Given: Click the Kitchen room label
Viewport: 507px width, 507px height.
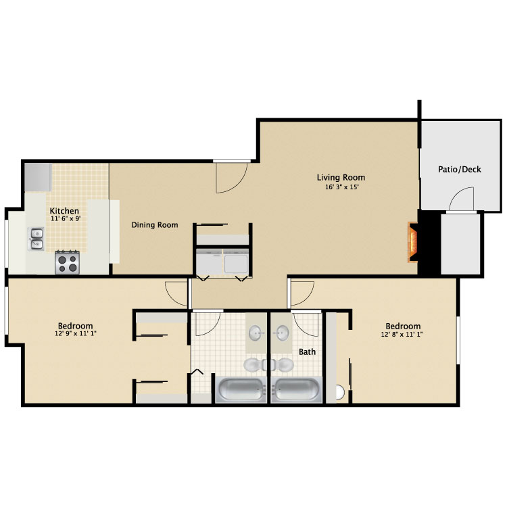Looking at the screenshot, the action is (x=64, y=211).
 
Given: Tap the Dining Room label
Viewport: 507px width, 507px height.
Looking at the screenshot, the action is (x=155, y=224).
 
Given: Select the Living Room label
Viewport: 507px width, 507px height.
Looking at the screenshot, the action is (x=341, y=178).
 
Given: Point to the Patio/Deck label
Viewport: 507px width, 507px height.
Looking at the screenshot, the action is (x=460, y=169).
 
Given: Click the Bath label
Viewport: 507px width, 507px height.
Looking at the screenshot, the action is (x=307, y=352).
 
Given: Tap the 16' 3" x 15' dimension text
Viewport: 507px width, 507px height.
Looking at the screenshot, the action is (x=342, y=187).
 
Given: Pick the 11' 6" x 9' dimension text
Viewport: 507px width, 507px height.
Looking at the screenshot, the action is (x=66, y=218).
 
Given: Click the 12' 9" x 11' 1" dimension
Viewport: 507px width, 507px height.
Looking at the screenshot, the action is (x=76, y=333).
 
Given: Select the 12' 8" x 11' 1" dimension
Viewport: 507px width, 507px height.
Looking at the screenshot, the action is (x=402, y=335).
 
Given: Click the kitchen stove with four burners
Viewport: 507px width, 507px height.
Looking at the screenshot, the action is (x=67, y=262).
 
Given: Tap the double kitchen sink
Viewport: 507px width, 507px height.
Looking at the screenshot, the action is (x=37, y=239).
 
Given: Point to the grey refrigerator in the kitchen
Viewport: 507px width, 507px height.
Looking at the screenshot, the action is (x=38, y=177).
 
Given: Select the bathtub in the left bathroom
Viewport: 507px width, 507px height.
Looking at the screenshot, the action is (x=241, y=390).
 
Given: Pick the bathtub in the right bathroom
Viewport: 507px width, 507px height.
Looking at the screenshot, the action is (x=297, y=390).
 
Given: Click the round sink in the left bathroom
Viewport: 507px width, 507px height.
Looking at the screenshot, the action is (x=257, y=333).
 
